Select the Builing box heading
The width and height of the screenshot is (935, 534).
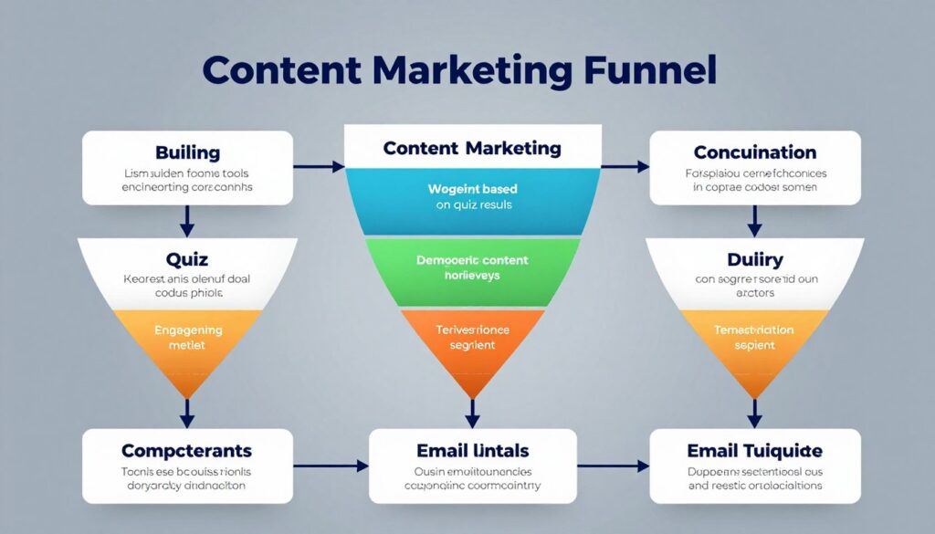[x=187, y=152]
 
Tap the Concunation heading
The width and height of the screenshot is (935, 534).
[x=754, y=152]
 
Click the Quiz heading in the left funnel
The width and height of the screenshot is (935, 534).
[x=187, y=260]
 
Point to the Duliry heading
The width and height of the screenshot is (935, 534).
[x=754, y=260]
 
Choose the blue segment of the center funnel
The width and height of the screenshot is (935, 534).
[x=472, y=197]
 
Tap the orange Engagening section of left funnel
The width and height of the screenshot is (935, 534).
[x=187, y=339]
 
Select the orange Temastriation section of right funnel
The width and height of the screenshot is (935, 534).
[x=754, y=339]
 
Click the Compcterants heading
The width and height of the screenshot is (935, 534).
[x=187, y=451]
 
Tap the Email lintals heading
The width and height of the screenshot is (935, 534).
[x=472, y=451]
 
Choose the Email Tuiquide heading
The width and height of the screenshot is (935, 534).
[x=754, y=451]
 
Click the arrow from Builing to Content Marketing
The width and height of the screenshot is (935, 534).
[x=318, y=167]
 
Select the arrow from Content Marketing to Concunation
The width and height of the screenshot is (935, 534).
[x=625, y=167]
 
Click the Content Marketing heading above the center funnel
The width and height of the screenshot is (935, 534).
[x=472, y=148]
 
